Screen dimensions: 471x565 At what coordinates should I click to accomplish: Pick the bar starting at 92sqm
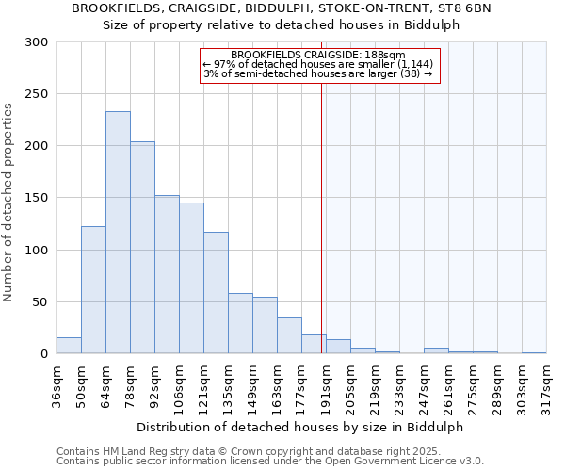point(167,274)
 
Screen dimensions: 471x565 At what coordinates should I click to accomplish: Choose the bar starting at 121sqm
point(216,293)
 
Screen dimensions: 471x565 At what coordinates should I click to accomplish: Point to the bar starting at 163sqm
point(289,335)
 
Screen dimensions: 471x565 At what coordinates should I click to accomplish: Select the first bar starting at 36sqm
point(69,346)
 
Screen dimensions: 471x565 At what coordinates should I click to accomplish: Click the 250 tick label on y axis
point(38,94)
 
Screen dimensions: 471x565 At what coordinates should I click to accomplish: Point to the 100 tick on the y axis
point(38,251)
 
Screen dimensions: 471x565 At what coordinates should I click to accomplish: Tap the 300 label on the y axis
point(38,42)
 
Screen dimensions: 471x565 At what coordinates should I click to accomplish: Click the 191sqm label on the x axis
point(326,386)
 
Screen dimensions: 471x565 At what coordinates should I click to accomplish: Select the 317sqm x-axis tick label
point(546,386)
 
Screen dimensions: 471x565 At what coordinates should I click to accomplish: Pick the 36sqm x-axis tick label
point(56,386)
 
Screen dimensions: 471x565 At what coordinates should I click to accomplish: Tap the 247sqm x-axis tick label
point(424,386)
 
